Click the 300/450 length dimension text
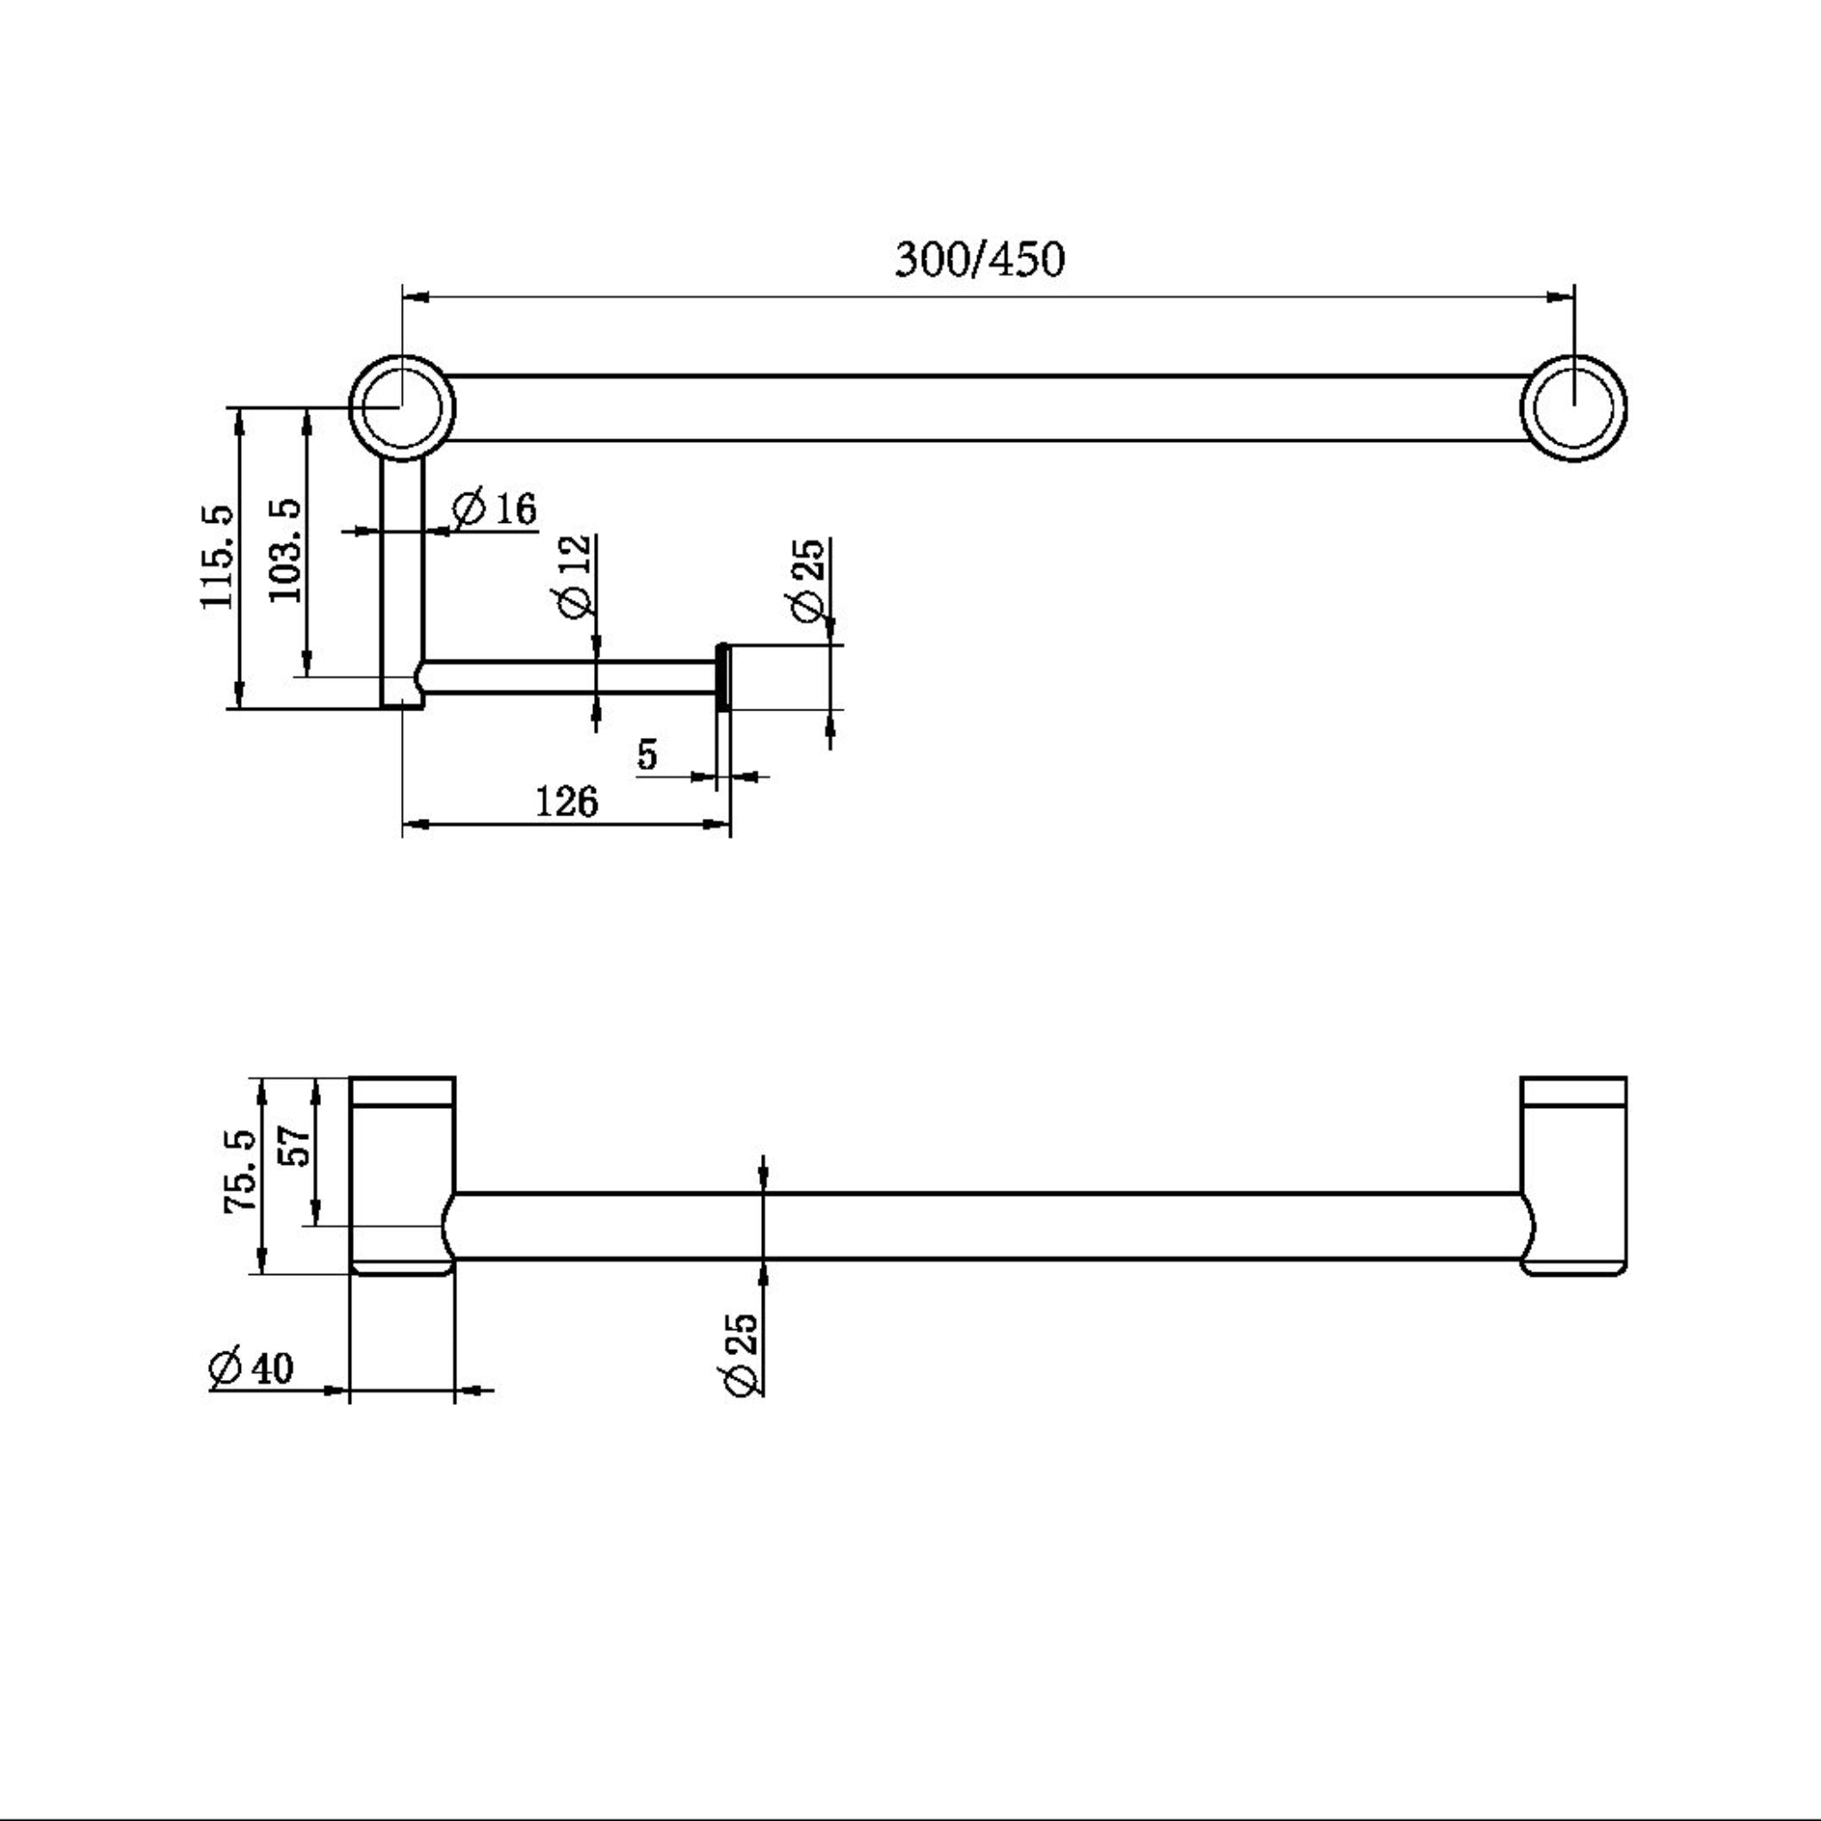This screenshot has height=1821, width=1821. point(979,260)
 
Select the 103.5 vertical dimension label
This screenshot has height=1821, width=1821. point(285,550)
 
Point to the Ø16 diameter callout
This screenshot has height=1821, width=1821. point(493,509)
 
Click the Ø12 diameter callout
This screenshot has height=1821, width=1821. point(576,576)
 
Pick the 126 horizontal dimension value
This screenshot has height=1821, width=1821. point(566,802)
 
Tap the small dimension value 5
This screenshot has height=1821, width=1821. point(647,754)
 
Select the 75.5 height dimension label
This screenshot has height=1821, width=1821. point(241,1171)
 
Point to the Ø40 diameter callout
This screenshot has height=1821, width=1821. point(252,1368)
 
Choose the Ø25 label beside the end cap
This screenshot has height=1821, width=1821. point(810,580)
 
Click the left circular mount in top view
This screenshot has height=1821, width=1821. point(403,407)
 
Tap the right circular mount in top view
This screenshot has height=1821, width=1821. point(1573,407)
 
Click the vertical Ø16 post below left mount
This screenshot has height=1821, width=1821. point(403,566)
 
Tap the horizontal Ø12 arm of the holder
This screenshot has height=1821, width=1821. point(566,678)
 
